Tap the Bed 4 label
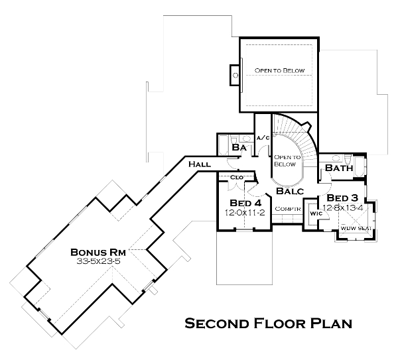[245, 202]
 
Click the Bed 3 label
[343, 198]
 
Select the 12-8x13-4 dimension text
[343, 208]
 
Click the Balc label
[289, 191]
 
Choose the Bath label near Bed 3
[338, 168]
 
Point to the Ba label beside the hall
[239, 149]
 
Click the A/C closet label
[263, 137]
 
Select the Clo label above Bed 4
[237, 178]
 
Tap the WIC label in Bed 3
[314, 214]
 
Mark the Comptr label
[288, 209]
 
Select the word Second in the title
[216, 324]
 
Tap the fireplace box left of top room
[234, 76]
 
